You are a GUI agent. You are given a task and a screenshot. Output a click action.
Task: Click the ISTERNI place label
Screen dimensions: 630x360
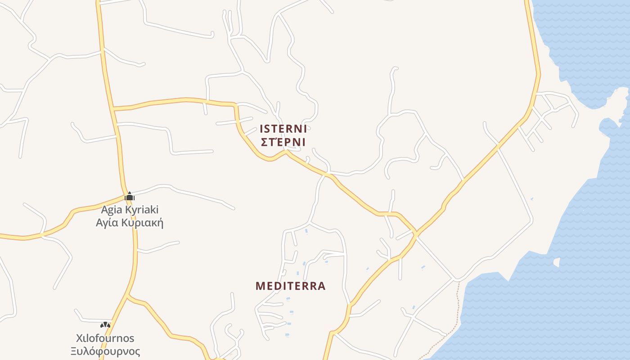click(283, 129)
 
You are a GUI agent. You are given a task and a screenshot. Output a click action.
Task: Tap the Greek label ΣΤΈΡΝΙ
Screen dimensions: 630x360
click(283, 142)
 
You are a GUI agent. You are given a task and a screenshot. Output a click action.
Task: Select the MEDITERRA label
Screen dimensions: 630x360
click(290, 286)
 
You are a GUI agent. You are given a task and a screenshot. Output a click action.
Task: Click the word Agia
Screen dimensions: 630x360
click(111, 210)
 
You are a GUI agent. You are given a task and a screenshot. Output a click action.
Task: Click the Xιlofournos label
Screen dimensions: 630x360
click(105, 338)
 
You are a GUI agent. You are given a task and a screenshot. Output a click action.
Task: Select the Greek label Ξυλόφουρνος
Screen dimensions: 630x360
click(105, 351)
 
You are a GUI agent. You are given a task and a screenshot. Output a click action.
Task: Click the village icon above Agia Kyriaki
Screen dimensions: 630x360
click(130, 197)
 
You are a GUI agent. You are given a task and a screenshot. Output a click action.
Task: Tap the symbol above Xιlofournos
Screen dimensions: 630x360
click(105, 324)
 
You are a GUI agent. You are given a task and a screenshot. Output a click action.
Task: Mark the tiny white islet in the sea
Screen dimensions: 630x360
click(557, 262)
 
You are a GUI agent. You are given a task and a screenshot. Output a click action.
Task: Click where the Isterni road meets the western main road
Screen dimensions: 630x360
click(113, 108)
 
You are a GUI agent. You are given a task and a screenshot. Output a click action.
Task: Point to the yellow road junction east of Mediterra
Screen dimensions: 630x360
click(416, 234)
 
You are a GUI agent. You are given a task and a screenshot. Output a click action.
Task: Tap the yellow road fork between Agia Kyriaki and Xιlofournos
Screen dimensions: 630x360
click(129, 296)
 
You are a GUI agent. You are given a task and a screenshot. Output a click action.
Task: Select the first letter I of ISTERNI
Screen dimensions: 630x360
click(262, 129)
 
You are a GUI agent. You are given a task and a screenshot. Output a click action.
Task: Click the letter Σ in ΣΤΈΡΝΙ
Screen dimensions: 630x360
click(264, 142)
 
